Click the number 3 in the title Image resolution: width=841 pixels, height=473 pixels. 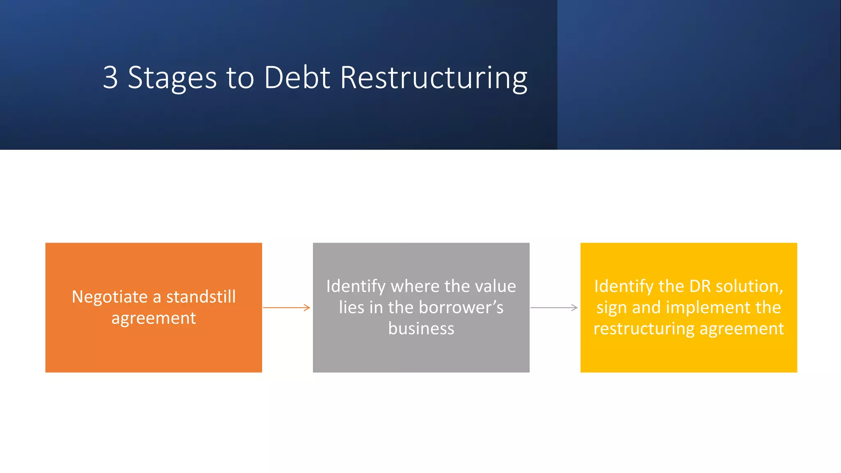(x=110, y=77)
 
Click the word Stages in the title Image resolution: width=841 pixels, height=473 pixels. (x=172, y=78)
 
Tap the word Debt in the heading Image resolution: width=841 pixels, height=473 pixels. (x=297, y=77)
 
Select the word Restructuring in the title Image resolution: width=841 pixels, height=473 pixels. (x=434, y=78)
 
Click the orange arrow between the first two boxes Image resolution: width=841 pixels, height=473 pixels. (x=286, y=308)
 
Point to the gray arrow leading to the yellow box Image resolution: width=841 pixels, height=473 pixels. (x=554, y=308)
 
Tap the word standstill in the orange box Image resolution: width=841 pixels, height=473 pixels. (x=201, y=297)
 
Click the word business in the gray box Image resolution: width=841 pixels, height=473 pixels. (x=421, y=329)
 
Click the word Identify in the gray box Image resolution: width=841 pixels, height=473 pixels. (x=356, y=287)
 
